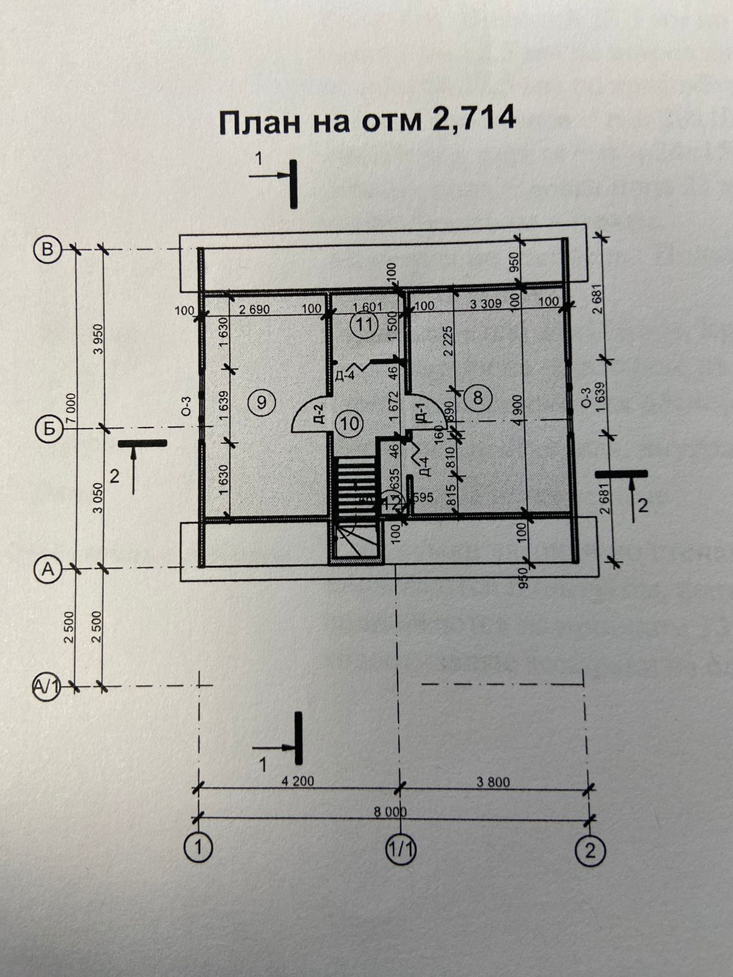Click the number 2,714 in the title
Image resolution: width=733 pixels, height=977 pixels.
coord(473,120)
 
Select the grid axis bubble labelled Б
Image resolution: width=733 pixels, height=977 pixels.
coord(47,429)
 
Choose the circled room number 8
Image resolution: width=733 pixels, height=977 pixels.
coord(477,398)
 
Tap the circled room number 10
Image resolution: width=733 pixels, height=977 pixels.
coord(351,423)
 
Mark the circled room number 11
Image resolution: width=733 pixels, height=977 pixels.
coord(364,325)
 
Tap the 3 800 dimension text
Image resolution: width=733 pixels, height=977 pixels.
coord(492,782)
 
